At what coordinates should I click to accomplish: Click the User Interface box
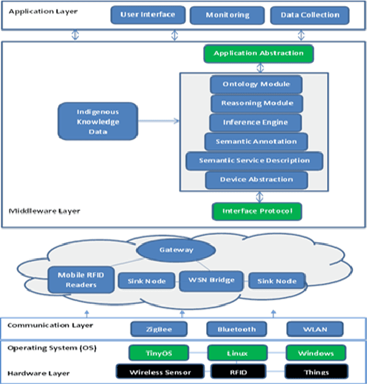coord(147,15)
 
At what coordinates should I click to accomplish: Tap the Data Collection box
coord(300,15)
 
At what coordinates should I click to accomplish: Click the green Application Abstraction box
coord(258,54)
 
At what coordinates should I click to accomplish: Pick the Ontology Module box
coord(257,84)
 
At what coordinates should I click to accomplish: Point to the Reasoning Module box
coord(257,103)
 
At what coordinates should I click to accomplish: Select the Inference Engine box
coord(257,122)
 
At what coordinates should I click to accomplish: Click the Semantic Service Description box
coord(254,161)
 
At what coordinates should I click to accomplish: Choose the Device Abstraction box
coord(257,180)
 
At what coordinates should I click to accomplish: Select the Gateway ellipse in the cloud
coord(176,251)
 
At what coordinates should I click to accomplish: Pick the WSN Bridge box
coord(210,281)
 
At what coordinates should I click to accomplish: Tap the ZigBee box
coord(158,329)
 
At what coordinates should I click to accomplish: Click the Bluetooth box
coord(237,329)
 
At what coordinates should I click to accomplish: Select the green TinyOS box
coord(158,353)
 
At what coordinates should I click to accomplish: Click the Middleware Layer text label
coord(43,211)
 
